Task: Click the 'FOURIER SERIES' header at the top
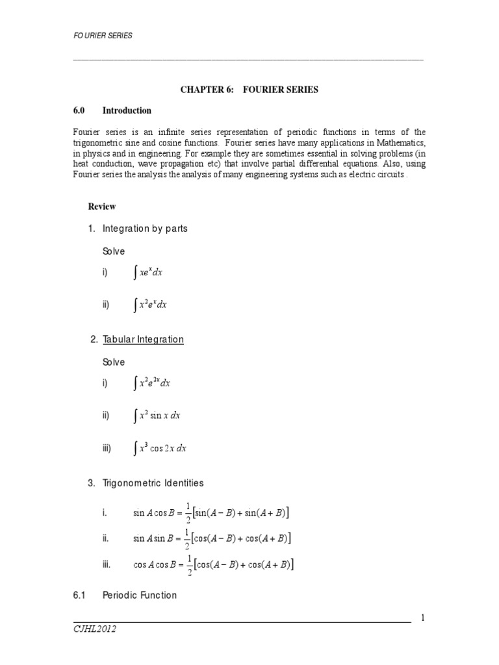coord(102,35)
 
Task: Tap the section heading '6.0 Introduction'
coord(112,110)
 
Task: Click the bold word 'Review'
coord(102,207)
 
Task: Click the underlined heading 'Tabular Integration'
coord(142,340)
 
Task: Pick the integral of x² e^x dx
coord(150,305)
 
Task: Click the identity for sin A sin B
coord(212,539)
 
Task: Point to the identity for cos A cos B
coord(214,565)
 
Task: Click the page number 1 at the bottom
coord(422,618)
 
